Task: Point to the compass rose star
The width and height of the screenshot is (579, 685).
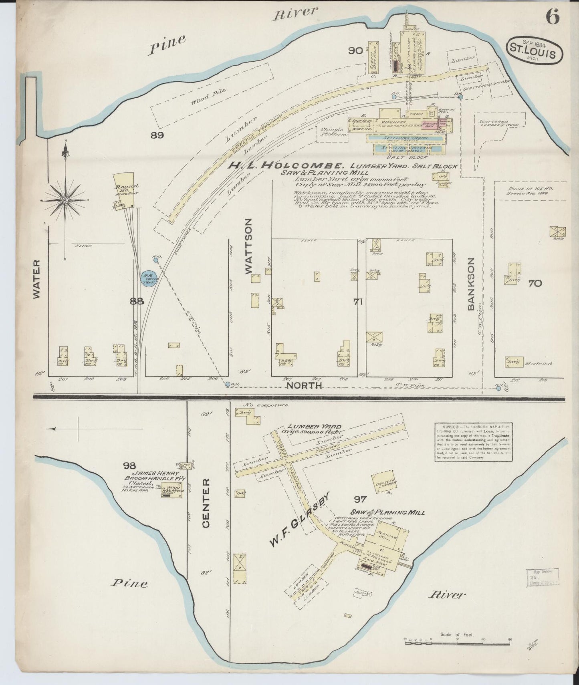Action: coord(65,199)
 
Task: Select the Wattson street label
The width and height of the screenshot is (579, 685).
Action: coord(249,246)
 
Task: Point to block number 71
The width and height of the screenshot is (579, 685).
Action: coord(358,302)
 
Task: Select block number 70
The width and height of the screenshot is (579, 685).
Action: coord(535,284)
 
